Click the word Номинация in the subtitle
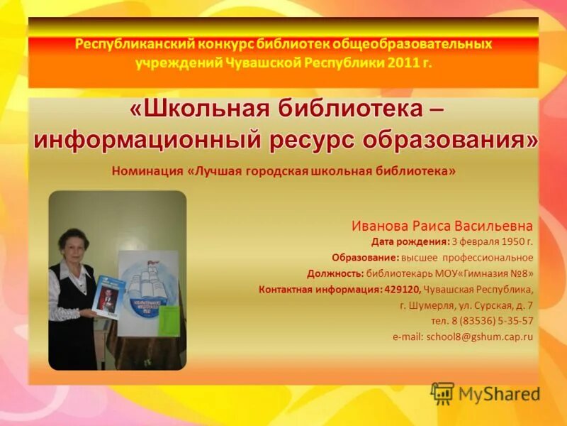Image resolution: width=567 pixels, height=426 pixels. click(x=147, y=171)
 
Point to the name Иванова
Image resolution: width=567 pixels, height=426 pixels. click(x=378, y=226)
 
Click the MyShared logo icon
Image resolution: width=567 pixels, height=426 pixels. click(x=442, y=393)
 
